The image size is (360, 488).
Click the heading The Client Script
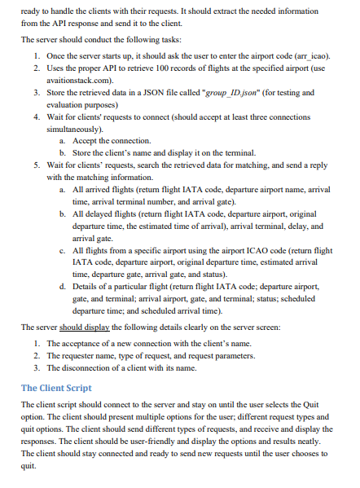[56, 388]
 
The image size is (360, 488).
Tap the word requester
[80, 356]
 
